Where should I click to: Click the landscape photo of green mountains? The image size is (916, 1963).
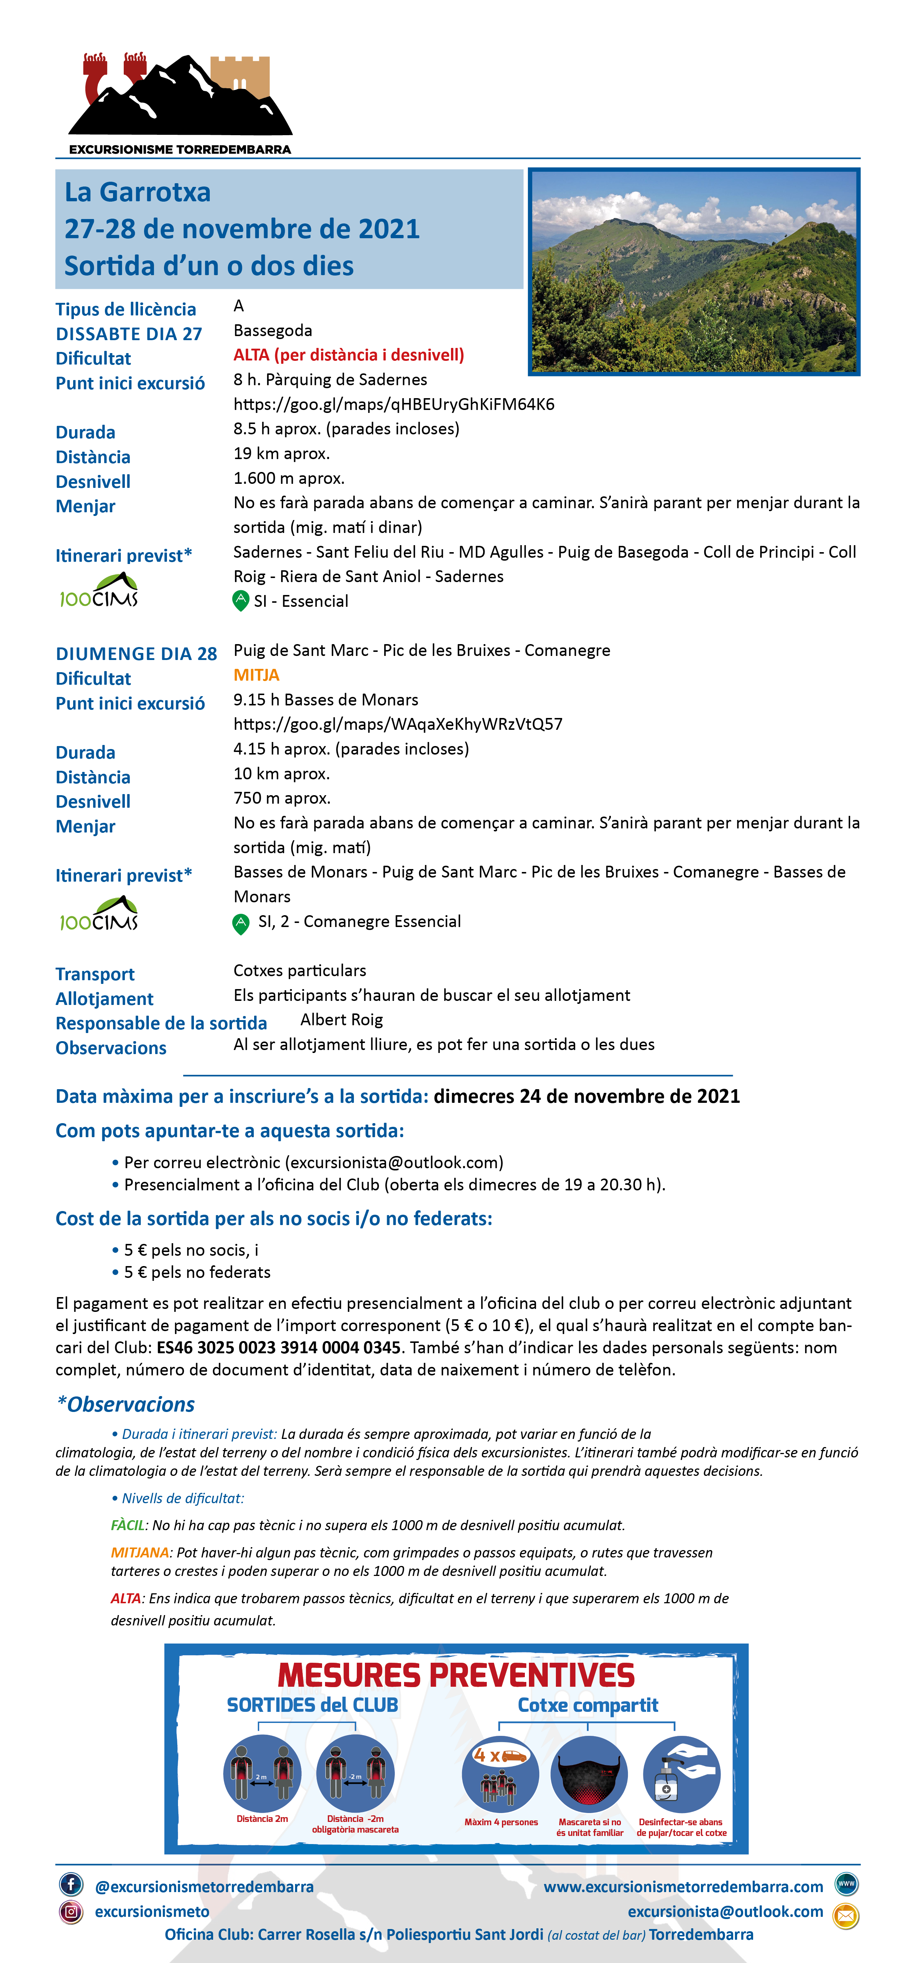pyautogui.click(x=694, y=272)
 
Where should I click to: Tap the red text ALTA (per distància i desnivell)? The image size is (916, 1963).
pyautogui.click(x=348, y=355)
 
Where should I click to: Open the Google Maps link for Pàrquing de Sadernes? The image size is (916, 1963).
pyautogui.click(x=393, y=405)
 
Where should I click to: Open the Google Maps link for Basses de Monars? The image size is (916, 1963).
pyautogui.click(x=398, y=724)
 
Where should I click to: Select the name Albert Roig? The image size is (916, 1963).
pyautogui.click(x=341, y=1020)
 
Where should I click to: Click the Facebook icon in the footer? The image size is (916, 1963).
pyautogui.click(x=71, y=1884)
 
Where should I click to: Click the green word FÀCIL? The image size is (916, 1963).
pyautogui.click(x=127, y=1525)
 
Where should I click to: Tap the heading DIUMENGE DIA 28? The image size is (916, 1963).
pyautogui.click(x=136, y=654)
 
